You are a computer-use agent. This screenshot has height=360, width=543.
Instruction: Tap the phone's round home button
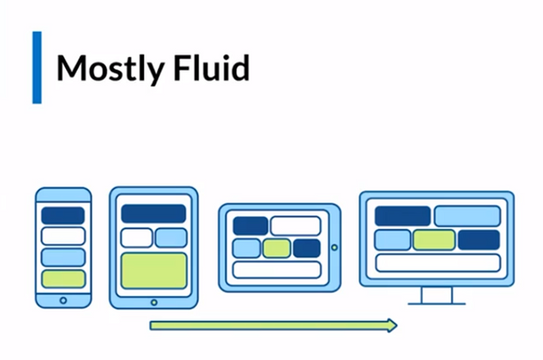click(62, 299)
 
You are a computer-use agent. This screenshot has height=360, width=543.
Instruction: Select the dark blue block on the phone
click(62, 215)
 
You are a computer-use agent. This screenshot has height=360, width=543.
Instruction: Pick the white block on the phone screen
click(62, 236)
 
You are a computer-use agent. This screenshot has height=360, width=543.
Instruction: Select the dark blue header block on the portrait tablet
click(154, 213)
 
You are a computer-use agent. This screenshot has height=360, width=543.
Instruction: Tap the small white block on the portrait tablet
click(137, 238)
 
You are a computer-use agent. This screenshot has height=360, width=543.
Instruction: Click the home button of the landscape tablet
click(334, 247)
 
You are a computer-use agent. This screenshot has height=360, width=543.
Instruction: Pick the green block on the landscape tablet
click(277, 248)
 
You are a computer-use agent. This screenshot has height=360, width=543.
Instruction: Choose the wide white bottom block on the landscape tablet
click(277, 269)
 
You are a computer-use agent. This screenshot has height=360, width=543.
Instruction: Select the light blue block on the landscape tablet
click(246, 248)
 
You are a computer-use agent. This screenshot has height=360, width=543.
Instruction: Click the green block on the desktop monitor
click(434, 240)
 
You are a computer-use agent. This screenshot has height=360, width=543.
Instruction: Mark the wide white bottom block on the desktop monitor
click(437, 262)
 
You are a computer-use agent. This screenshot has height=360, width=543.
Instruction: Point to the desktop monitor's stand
click(437, 297)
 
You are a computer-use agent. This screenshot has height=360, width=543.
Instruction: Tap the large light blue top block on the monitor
click(467, 216)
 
